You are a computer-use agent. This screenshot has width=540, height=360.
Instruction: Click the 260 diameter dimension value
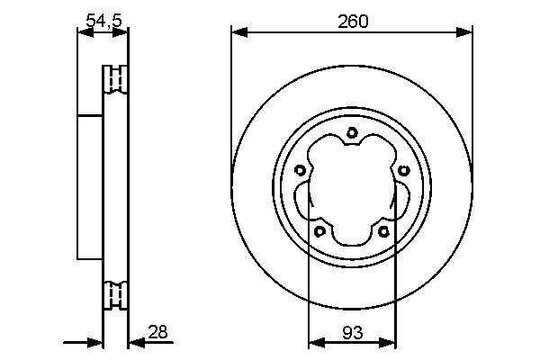coord(353,22)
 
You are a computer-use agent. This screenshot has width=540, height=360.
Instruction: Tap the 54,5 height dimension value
coord(103,21)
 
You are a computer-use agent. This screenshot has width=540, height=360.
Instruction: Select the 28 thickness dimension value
coord(157,332)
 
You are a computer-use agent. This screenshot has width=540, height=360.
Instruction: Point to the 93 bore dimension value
coord(353,333)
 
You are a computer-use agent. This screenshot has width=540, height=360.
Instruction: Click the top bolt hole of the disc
coord(352,132)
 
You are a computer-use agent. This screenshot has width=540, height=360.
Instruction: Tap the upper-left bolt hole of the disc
coord(300,170)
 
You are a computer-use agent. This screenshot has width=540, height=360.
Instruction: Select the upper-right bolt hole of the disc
coord(403,170)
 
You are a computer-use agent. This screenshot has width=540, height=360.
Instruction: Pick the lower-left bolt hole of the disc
coord(320,231)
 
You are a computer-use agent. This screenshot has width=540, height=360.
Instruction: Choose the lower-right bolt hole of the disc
coord(383,231)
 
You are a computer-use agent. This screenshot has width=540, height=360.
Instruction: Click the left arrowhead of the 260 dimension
coord(240,32)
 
